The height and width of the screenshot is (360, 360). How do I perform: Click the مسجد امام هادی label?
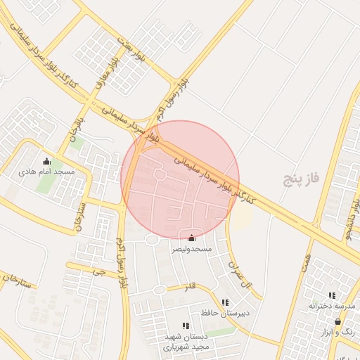47,172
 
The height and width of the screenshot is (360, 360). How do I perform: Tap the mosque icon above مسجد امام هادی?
47,161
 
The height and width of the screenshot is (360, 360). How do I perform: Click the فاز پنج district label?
301,179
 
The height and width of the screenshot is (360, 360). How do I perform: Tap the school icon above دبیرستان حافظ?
225,302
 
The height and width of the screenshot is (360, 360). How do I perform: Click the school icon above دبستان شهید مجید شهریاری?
186,326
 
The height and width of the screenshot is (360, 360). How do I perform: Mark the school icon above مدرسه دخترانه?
332,296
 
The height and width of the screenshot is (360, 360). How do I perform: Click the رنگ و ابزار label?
343,331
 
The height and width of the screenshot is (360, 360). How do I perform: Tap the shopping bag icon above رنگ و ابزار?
338,321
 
